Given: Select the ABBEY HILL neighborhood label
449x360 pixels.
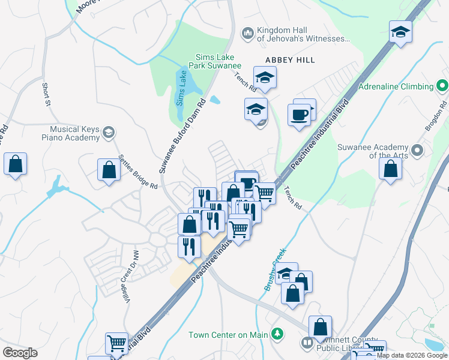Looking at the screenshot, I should pyautogui.click(x=291, y=60).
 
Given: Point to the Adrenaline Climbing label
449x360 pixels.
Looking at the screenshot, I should pyautogui.click(x=396, y=86).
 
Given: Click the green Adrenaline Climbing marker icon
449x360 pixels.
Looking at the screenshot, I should pyautogui.click(x=442, y=86).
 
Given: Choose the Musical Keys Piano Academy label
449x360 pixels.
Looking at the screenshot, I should pyautogui.click(x=74, y=133).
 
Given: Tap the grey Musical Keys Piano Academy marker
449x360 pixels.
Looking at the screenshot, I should pyautogui.click(x=109, y=132).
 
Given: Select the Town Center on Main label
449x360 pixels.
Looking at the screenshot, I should pyautogui.click(x=228, y=334).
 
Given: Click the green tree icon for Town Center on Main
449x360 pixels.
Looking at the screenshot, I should pyautogui.click(x=277, y=334).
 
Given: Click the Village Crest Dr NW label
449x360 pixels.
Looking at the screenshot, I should pyautogui.click(x=127, y=268).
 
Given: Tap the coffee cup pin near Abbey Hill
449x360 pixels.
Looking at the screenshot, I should pyautogui.click(x=299, y=113).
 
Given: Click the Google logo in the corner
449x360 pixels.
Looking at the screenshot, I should pyautogui.click(x=20, y=353).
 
